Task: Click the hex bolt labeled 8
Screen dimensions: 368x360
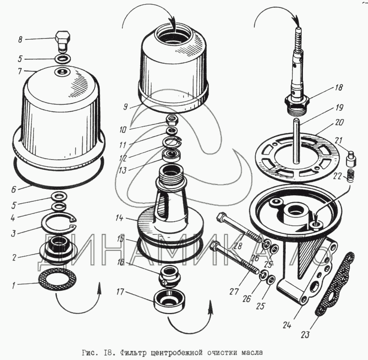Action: [62, 42]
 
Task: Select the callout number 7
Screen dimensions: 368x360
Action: [20, 71]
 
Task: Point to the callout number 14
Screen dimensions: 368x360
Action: [119, 218]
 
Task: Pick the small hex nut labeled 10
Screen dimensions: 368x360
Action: [172, 120]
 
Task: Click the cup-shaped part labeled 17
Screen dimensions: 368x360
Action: [169, 301]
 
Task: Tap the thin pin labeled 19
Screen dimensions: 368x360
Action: [296, 141]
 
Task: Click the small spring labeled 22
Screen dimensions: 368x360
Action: [351, 175]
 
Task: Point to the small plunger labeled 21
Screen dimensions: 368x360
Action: [351, 160]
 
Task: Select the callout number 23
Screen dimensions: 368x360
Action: [305, 335]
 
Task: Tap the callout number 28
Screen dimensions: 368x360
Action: [238, 246]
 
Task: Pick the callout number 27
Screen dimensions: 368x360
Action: [234, 291]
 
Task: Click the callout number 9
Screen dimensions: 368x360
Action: [126, 107]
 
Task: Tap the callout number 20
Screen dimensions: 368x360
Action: [340, 122]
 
